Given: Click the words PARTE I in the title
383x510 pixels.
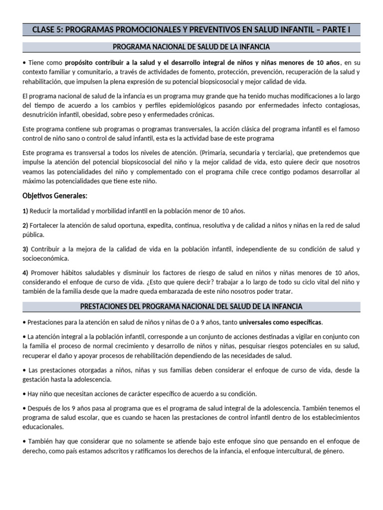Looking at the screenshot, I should pos(335,29).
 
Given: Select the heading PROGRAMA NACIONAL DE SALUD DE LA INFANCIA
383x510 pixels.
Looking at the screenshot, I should pos(191,47).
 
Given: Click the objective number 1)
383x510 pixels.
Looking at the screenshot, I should pos(26,211).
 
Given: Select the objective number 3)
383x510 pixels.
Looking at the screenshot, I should pos(26,249).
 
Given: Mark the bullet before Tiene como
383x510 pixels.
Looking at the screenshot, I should pos(24,63).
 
